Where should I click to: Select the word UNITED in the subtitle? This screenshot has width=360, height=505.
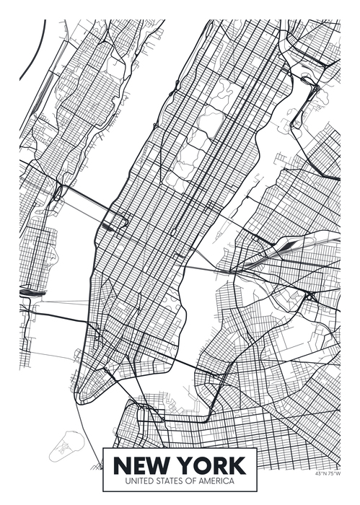[141, 480]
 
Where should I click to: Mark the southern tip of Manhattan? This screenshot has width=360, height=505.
[85, 399]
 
